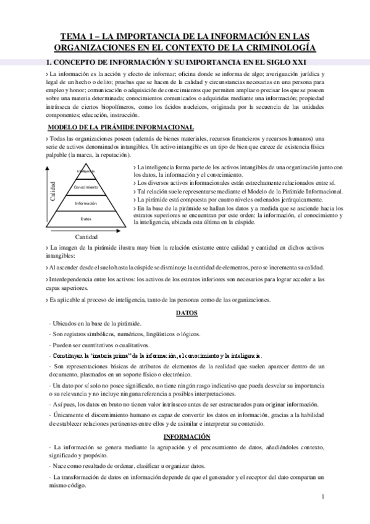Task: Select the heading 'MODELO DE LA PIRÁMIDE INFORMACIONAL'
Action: point(120,128)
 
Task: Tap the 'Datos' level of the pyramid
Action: point(86,219)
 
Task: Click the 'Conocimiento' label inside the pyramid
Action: point(86,187)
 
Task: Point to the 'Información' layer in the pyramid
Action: point(86,203)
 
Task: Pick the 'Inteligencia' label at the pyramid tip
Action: point(86,171)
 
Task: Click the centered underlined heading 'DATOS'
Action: point(186,313)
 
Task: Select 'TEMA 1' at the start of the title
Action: point(86,36)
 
